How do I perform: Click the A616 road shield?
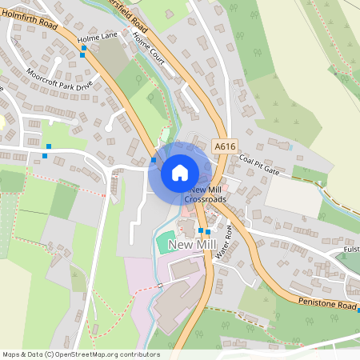coord(226,147)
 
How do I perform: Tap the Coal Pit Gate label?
coord(258,166)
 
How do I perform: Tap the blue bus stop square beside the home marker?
coord(154,160)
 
